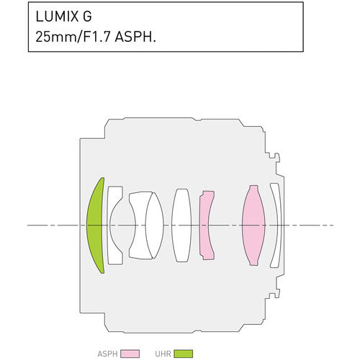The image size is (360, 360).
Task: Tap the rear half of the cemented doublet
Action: click(154, 225)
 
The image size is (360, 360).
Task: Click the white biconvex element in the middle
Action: click(182, 225)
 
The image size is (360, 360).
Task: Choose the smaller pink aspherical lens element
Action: click(207, 225)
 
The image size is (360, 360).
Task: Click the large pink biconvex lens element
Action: click(253, 225)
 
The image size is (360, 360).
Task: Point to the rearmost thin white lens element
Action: click(275, 225)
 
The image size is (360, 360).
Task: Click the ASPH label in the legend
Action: click(107, 354)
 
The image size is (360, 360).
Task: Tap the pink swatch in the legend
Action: click(130, 354)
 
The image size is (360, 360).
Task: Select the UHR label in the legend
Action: click(163, 354)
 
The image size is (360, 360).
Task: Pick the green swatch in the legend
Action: click(184, 354)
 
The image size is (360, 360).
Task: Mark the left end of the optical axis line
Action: click(28, 225)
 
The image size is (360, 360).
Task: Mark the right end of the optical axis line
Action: click(332, 225)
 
